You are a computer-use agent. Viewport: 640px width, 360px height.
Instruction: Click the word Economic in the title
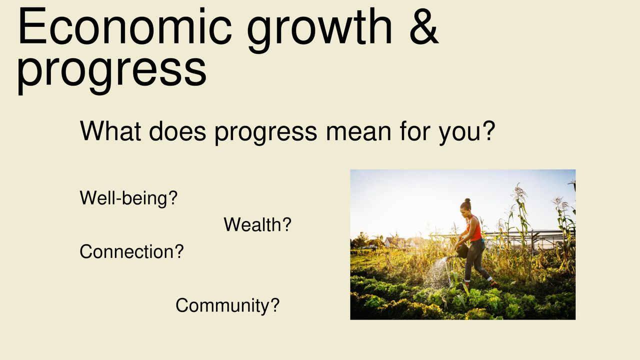pos(124,26)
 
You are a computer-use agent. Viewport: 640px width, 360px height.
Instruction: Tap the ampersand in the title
pos(424,26)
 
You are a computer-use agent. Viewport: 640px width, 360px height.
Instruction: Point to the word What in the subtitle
pos(110,131)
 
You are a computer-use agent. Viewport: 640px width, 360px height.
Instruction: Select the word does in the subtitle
pos(177,131)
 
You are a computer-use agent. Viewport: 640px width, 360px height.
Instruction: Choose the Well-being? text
pos(128,198)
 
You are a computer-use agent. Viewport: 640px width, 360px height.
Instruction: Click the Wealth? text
pos(257,224)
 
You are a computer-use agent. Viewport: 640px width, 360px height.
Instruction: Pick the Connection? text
pos(131,251)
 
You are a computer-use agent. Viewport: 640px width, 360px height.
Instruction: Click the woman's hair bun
pos(467,201)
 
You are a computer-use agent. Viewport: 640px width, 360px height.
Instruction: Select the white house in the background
pos(395,242)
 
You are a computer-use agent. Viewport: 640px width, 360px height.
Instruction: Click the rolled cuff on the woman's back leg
pos(489,278)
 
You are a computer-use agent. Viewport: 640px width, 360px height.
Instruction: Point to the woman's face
pos(463,211)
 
